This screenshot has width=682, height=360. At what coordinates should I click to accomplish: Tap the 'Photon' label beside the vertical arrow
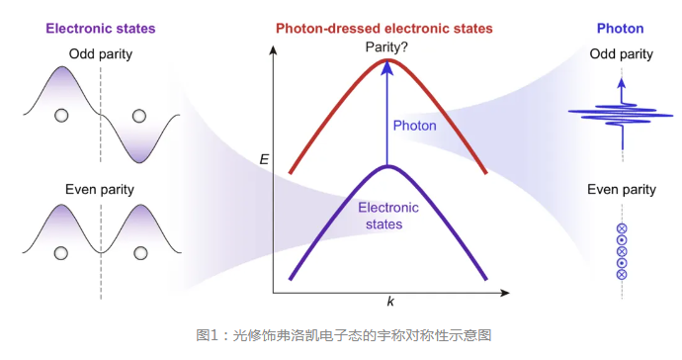[414, 126]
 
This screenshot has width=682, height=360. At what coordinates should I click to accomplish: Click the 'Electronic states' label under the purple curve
[388, 216]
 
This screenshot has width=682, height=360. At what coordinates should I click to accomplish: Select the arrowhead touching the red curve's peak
[387, 66]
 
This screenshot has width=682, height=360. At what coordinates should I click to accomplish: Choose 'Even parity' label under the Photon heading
[621, 189]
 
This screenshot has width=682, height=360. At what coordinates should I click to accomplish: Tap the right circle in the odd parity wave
[137, 115]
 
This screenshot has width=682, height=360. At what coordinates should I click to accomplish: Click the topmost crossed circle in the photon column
[622, 229]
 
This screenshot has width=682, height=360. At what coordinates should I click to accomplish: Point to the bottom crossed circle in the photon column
[622, 274]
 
